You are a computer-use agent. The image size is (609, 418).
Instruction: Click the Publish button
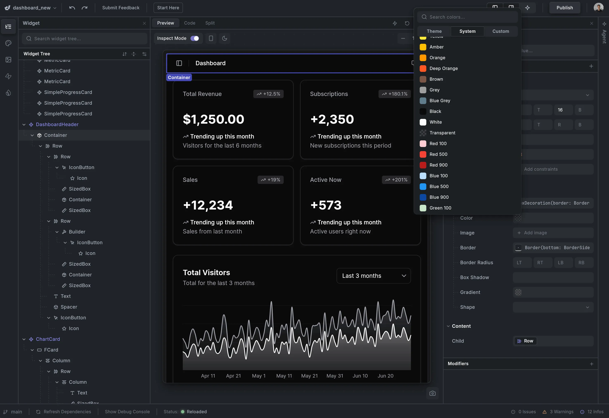(x=564, y=8)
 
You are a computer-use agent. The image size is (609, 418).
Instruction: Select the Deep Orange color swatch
(x=443, y=69)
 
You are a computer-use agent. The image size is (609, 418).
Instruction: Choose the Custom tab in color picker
(x=500, y=31)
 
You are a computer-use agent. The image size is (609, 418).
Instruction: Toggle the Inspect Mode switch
(x=195, y=38)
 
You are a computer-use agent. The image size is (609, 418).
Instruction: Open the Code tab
(x=189, y=23)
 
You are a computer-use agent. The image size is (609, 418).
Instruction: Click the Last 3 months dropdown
(x=373, y=276)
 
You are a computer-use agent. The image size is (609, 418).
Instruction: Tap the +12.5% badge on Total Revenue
(x=268, y=94)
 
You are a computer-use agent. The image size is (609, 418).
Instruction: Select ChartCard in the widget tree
(x=48, y=339)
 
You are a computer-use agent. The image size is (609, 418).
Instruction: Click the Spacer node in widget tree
(x=69, y=307)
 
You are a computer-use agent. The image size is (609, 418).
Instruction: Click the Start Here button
(x=168, y=8)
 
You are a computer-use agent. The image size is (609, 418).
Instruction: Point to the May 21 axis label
(x=309, y=376)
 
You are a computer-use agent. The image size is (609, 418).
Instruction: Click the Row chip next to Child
(x=525, y=341)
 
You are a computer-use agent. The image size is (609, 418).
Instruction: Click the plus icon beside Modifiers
(x=591, y=364)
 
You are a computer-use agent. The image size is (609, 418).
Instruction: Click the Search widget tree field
(x=84, y=39)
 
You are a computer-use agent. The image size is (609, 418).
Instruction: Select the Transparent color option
(x=442, y=133)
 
